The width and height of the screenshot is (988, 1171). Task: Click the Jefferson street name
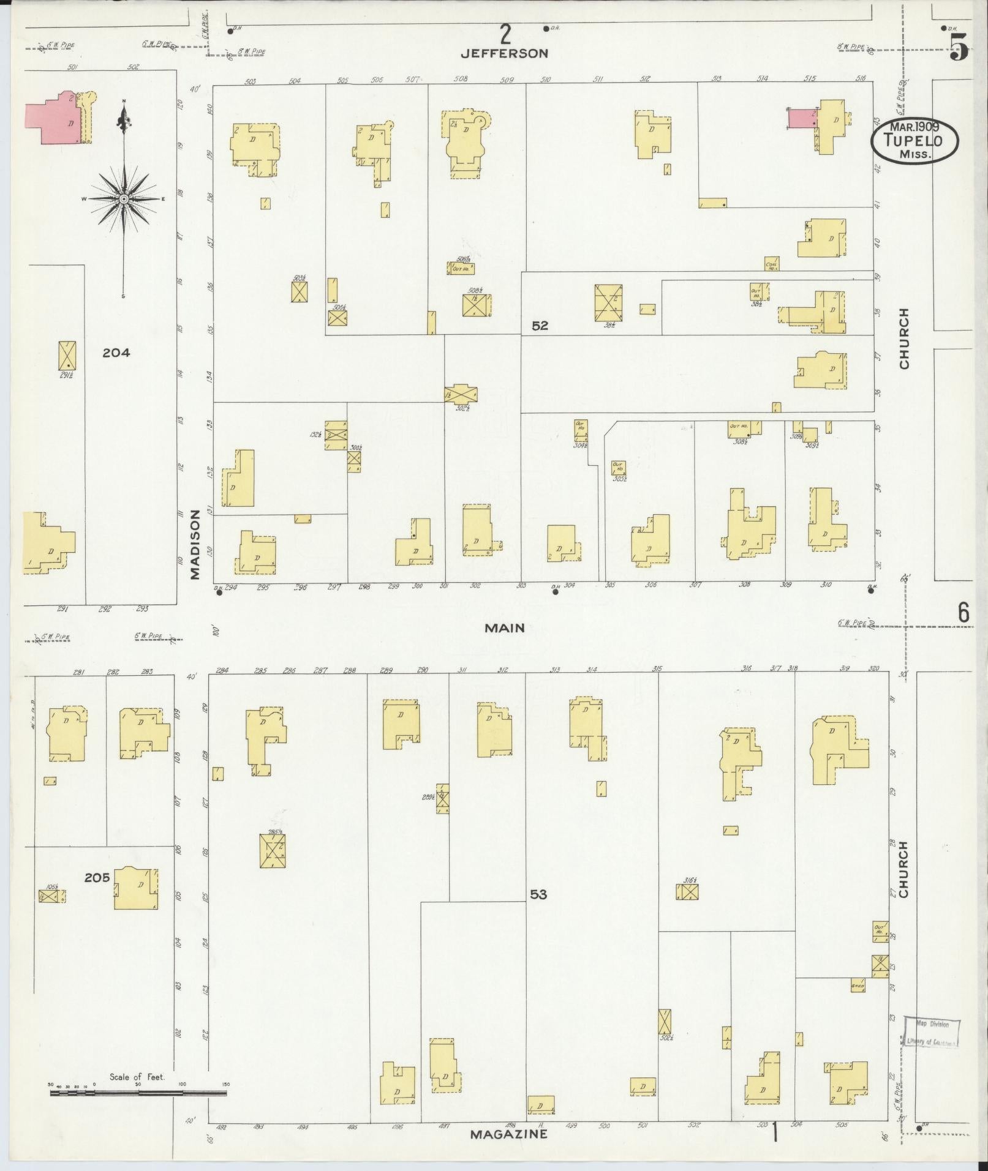click(x=504, y=53)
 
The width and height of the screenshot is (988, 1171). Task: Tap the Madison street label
click(x=195, y=544)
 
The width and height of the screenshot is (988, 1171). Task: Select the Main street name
click(x=505, y=627)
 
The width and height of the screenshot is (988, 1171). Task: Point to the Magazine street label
click(x=508, y=1134)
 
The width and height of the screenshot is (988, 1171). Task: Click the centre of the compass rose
click(x=124, y=199)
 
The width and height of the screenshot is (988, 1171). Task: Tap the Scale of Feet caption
click(x=137, y=1076)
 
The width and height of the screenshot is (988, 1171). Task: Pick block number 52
click(x=540, y=326)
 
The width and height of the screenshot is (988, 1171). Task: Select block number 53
click(x=538, y=894)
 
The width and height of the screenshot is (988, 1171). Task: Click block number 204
click(x=116, y=353)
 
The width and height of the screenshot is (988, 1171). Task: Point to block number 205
click(x=97, y=877)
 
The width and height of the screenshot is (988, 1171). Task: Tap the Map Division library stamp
click(x=932, y=1033)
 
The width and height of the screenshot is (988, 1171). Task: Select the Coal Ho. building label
click(x=772, y=264)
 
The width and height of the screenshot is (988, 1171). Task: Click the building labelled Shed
click(x=858, y=986)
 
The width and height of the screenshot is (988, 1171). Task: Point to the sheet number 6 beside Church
click(x=963, y=613)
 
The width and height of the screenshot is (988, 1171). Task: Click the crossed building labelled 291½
click(x=67, y=355)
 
